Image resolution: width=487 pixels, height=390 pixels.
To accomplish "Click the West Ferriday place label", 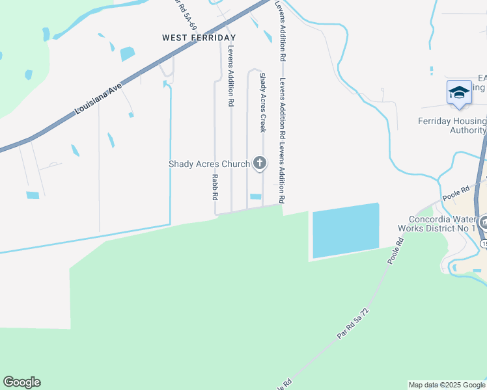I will point(199,38).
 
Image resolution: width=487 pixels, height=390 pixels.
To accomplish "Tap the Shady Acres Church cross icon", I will point(260,163).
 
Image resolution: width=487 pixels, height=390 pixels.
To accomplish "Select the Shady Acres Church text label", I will point(209,164).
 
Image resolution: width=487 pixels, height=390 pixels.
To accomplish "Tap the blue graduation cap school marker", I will point(459,92).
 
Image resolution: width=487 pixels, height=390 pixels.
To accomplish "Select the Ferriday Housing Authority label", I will point(451,125).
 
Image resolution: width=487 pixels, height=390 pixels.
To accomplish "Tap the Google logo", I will point(21,382).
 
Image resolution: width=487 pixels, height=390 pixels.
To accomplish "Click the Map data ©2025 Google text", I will point(446,385).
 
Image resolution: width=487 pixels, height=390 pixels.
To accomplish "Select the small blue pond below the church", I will point(256,197).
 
